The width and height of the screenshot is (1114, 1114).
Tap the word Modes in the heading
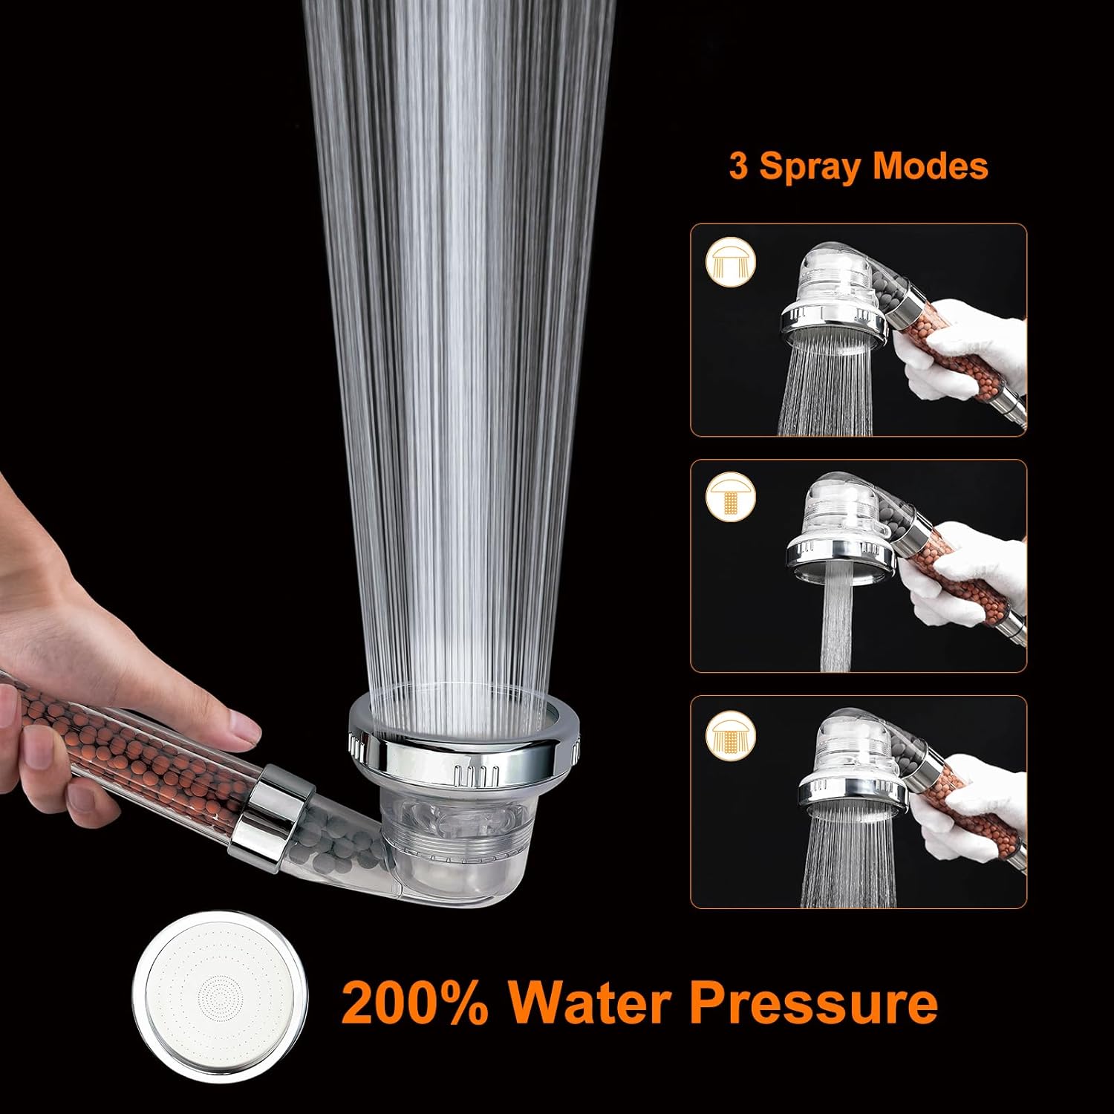(930, 166)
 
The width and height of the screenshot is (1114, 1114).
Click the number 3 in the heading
(738, 166)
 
